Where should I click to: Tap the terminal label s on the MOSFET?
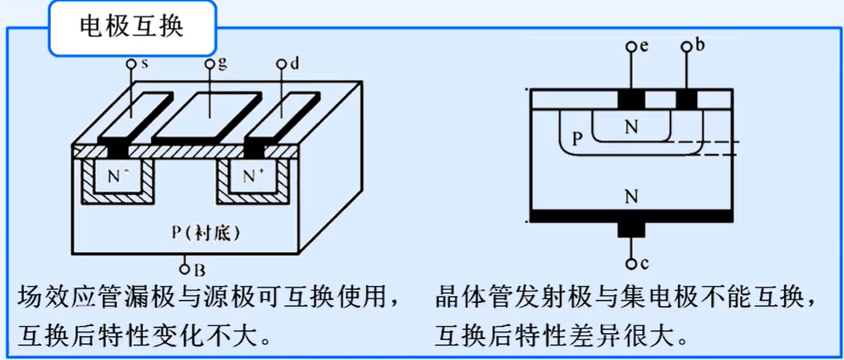click(145, 63)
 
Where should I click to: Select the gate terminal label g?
click(221, 63)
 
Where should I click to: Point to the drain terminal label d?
click(294, 63)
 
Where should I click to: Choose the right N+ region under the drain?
click(253, 175)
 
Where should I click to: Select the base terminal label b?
click(699, 46)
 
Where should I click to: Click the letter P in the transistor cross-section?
click(576, 139)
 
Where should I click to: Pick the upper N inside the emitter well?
click(632, 127)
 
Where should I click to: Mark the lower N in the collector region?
click(632, 197)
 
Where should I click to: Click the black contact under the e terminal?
click(631, 99)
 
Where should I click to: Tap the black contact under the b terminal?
click(686, 99)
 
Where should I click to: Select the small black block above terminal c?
click(631, 229)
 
